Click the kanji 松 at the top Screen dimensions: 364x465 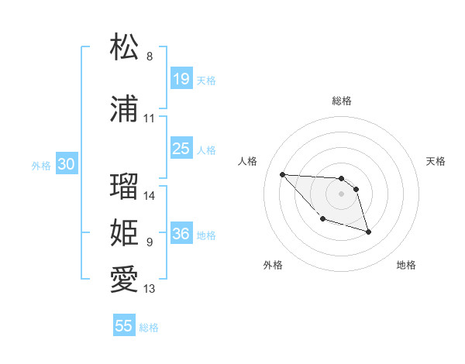[124, 47]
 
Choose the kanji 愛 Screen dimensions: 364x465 [124, 280]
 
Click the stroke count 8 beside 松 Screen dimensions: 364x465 [150, 57]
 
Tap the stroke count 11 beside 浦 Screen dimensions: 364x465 [150, 118]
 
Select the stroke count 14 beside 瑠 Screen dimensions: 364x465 [150, 196]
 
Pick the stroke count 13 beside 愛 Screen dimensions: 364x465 [150, 289]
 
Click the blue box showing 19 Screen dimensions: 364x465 [181, 79]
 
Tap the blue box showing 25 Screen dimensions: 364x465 [181, 149]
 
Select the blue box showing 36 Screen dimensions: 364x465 [181, 235]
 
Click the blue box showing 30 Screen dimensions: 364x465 [66, 164]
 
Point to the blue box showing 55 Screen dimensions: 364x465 [124, 326]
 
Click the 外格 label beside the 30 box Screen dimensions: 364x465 [40, 165]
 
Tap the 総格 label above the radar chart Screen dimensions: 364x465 [342, 101]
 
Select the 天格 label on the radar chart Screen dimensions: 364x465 [436, 161]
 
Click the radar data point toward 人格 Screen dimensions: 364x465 [283, 174]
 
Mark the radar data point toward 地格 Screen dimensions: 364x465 [368, 232]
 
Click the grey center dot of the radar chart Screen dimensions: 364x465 [341, 194]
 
